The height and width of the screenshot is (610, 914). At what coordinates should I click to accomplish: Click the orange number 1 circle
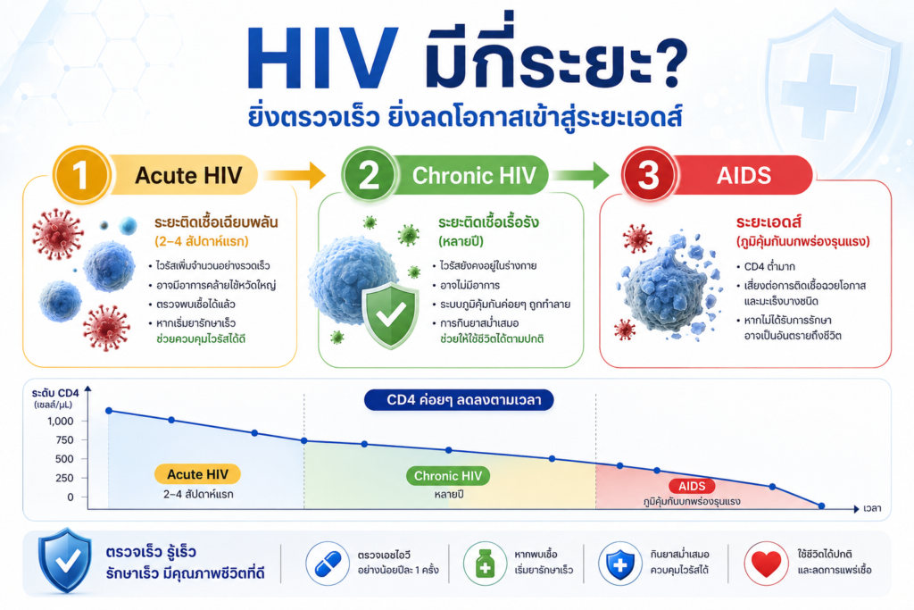(81, 174)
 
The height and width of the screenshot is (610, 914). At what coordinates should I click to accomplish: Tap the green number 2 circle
(370, 174)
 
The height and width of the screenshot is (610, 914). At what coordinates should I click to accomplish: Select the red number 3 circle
(649, 174)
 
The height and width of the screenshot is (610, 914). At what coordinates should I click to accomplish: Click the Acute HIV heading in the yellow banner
(188, 175)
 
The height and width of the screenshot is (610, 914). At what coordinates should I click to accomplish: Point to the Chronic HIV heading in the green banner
(474, 175)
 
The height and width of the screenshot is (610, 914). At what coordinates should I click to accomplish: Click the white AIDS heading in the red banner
(744, 175)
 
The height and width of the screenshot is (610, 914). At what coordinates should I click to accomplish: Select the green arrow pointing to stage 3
(580, 175)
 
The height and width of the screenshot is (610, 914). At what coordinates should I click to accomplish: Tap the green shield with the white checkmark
(390, 315)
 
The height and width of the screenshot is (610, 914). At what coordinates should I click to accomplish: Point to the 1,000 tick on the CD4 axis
(61, 421)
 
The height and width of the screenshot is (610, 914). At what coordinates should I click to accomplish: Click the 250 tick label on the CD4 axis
(64, 478)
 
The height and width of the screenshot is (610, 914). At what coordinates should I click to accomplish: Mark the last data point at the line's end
(821, 506)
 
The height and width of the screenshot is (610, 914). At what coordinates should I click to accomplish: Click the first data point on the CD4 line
(109, 411)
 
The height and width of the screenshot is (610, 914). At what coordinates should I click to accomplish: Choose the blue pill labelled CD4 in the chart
(459, 400)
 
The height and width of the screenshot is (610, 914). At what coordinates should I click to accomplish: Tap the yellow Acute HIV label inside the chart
(197, 474)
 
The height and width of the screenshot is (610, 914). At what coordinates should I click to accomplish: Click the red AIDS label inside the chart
(692, 486)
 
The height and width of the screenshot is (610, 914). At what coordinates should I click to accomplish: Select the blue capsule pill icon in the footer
(328, 564)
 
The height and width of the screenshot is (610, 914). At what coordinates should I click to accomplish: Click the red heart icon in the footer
(766, 564)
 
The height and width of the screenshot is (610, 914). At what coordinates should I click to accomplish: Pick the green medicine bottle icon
(485, 564)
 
